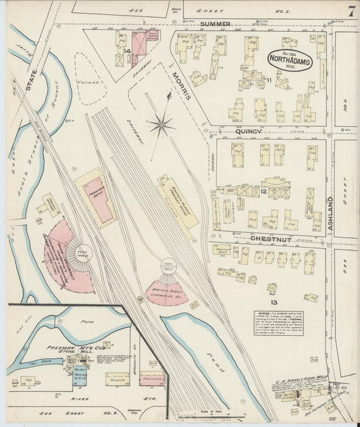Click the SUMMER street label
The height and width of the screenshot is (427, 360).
215,23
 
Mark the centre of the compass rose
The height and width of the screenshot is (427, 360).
160,124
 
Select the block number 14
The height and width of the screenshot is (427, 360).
126,50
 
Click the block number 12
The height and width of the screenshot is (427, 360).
263,193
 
